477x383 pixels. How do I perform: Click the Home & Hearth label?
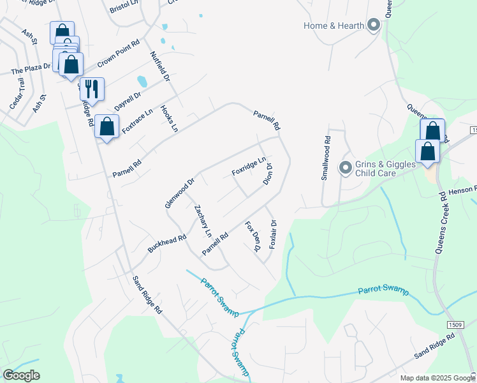pyautogui.click(x=334, y=26)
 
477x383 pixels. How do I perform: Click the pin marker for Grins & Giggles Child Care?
pyautogui.click(x=346, y=168)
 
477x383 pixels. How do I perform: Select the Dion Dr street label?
pyautogui.click(x=268, y=174)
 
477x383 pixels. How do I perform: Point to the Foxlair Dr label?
pyautogui.click(x=272, y=234)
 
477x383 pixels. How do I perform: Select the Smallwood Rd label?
pyautogui.click(x=327, y=157)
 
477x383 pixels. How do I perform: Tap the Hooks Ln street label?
pyautogui.click(x=169, y=119)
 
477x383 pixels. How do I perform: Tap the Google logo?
pyautogui.click(x=21, y=375)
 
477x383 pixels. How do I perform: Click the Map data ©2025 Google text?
pyautogui.click(x=437, y=378)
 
